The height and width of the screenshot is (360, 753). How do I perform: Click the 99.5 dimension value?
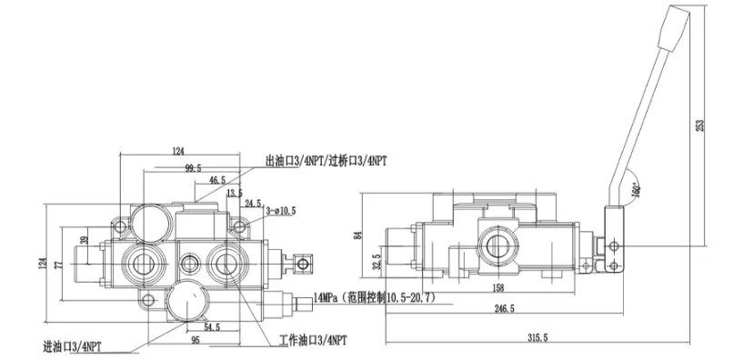pos(192,169)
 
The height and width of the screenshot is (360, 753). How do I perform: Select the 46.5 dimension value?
pos(216,182)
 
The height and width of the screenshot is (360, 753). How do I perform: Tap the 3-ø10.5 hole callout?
pos(278,211)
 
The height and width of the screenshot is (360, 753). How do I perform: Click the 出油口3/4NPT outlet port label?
pos(326,161)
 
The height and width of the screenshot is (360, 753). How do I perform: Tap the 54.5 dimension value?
pos(211,326)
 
